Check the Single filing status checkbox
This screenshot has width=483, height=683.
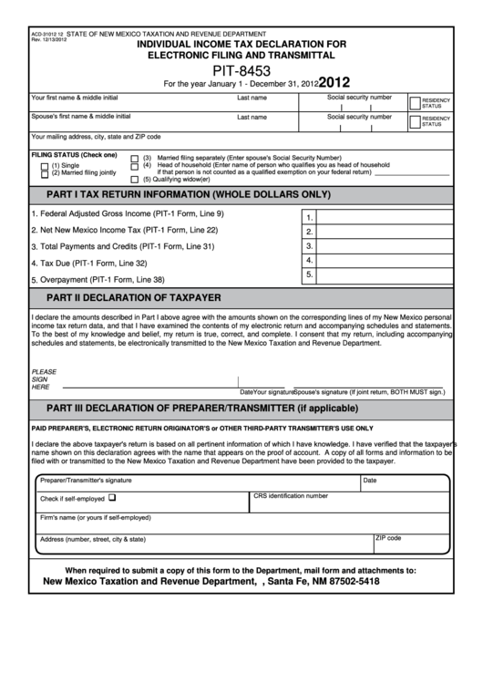click(x=45, y=164)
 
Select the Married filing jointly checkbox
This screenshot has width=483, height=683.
click(x=45, y=172)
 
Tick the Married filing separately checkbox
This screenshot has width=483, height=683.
click(x=135, y=157)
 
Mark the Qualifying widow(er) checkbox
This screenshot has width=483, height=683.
click(x=135, y=180)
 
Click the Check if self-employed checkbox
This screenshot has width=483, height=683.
click(x=112, y=498)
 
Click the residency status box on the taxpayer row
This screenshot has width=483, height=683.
click(x=415, y=102)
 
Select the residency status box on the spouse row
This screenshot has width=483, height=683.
click(x=415, y=121)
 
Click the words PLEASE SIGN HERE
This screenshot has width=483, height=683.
click(x=44, y=379)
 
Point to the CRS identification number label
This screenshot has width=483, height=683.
click(x=290, y=496)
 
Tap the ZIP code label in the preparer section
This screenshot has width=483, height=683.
click(x=388, y=538)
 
